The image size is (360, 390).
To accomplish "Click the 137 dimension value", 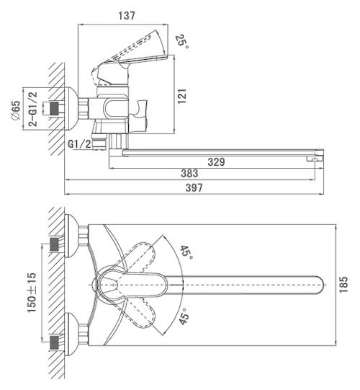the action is point(127,16).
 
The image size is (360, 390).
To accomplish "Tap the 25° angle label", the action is point(182,41).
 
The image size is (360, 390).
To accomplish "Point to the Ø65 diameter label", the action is point(16,110).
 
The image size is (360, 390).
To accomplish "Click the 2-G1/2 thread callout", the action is point(33,109).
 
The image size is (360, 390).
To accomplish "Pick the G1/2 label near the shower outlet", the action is point(79,144).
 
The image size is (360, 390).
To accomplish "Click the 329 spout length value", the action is point(216,162).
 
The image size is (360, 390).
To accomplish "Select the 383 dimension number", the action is point(189,173).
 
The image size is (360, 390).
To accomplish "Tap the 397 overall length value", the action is point(194,187).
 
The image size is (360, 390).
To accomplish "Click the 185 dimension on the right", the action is point(343,285).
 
